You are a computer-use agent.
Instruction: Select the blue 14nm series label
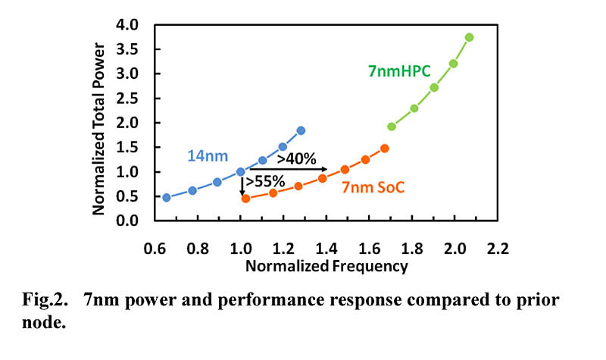[207, 157]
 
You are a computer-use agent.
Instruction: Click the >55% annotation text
[265, 181]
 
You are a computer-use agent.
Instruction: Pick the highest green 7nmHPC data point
[470, 37]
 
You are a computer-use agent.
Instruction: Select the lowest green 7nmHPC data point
[392, 127]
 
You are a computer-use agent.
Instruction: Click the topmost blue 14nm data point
[301, 130]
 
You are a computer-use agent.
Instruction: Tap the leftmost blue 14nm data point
[167, 197]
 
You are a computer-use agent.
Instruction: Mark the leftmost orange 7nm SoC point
[245, 199]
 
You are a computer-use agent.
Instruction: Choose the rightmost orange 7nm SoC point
[385, 149]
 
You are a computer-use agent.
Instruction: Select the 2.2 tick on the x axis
[497, 248]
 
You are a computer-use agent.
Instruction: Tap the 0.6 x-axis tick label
[155, 248]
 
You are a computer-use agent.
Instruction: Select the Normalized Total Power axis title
[99, 123]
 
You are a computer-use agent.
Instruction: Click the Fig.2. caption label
[45, 299]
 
